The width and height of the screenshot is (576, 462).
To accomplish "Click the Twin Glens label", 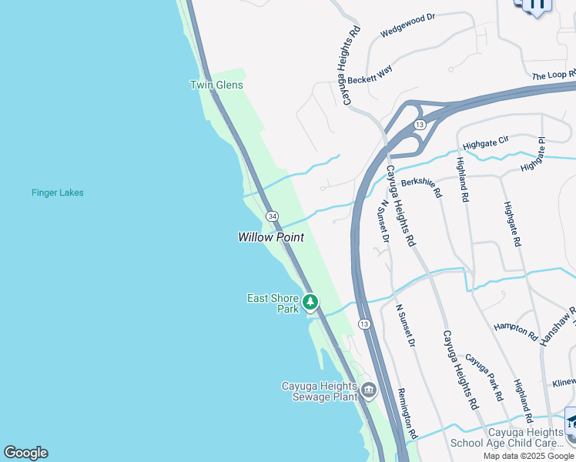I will coord(216,85).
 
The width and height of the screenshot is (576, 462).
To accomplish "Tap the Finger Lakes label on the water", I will coord(58,192).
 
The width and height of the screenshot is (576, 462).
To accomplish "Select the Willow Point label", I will coord(270,238).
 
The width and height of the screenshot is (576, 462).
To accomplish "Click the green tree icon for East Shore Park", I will coord(310,302).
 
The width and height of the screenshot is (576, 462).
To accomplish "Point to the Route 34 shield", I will coord(272,216).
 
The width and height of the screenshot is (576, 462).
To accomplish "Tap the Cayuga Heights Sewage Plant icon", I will coord(368,390).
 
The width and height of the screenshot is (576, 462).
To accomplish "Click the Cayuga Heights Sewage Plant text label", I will coord(320,391).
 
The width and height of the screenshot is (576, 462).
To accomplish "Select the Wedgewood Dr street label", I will coord(407,25).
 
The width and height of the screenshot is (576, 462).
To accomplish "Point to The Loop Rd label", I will coord(554,75).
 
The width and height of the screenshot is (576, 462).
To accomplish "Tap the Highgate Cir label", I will coord(486,143).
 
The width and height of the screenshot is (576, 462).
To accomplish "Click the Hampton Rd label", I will coord(515,332).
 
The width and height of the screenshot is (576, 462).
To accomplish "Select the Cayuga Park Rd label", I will coord(484,377).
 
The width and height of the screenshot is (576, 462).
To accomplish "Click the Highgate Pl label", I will coord(532,155).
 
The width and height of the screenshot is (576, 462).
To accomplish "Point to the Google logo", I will coord(25,453).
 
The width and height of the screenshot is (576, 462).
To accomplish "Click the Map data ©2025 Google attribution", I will coord(528,456).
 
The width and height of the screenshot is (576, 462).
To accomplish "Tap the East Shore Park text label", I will coord(273,303).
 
